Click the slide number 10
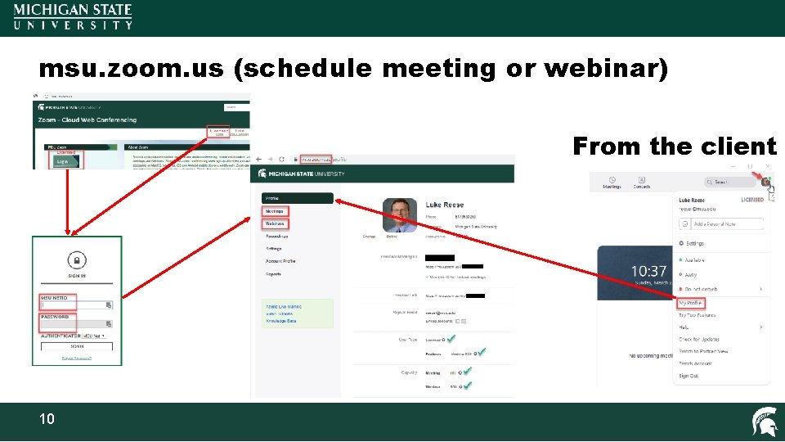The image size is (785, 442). (47, 419)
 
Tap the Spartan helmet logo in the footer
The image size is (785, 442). (765, 422)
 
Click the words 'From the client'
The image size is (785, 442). (675, 147)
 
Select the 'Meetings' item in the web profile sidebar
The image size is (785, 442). (275, 211)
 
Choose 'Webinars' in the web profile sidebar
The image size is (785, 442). (275, 223)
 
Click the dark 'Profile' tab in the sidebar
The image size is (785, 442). (297, 198)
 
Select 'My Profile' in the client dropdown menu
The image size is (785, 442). (691, 303)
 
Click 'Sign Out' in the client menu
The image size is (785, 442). (689, 376)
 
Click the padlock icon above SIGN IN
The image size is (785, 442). (77, 260)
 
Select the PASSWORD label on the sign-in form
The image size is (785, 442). (54, 317)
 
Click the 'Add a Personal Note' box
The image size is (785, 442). (724, 223)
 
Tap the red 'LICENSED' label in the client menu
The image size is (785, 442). (751, 200)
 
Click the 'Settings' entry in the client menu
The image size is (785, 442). (694, 243)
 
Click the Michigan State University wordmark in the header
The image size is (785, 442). (73, 16)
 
